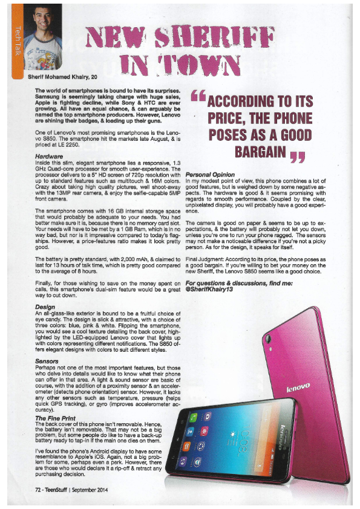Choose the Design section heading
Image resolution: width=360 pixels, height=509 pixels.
(x=45, y=307)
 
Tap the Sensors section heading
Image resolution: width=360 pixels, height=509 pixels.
(x=48, y=361)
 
